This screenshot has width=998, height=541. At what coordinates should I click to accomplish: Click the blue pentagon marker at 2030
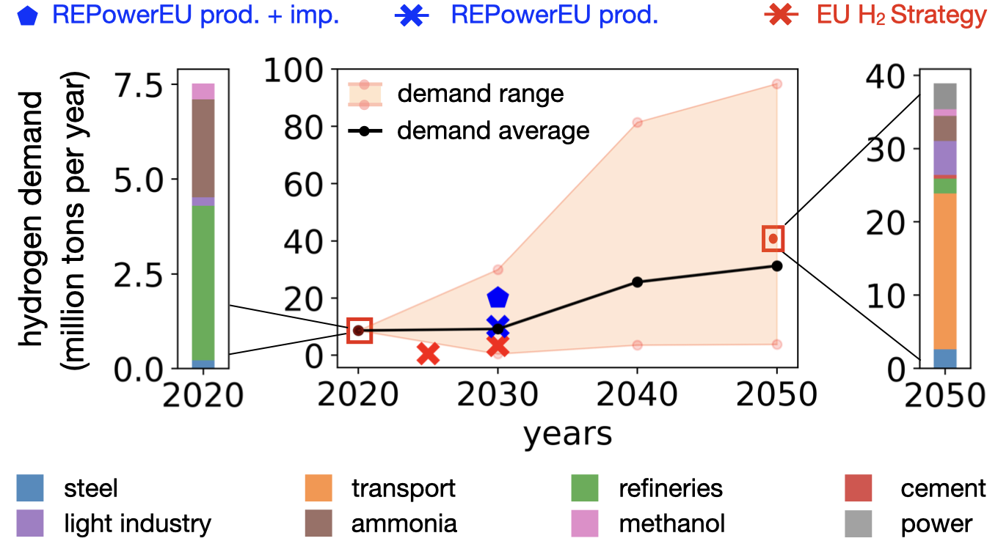(498, 297)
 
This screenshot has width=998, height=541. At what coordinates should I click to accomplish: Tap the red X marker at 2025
(429, 353)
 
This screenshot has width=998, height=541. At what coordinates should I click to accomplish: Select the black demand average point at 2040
(637, 281)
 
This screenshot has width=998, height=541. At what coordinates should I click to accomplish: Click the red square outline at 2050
(773, 238)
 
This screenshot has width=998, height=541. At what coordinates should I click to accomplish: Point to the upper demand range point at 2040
(637, 122)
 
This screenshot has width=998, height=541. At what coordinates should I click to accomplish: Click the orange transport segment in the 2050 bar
(944, 271)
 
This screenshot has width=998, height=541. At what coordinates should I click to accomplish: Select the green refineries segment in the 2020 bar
(203, 283)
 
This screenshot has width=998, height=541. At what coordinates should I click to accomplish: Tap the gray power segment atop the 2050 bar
(944, 95)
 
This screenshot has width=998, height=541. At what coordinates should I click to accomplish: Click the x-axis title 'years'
(567, 434)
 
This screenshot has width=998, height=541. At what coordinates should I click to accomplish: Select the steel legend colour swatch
(30, 488)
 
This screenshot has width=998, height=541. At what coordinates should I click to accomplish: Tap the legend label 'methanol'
(671, 523)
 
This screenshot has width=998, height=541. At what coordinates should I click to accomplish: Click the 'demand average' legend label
(493, 130)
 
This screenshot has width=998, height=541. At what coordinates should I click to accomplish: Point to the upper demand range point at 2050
(776, 84)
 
